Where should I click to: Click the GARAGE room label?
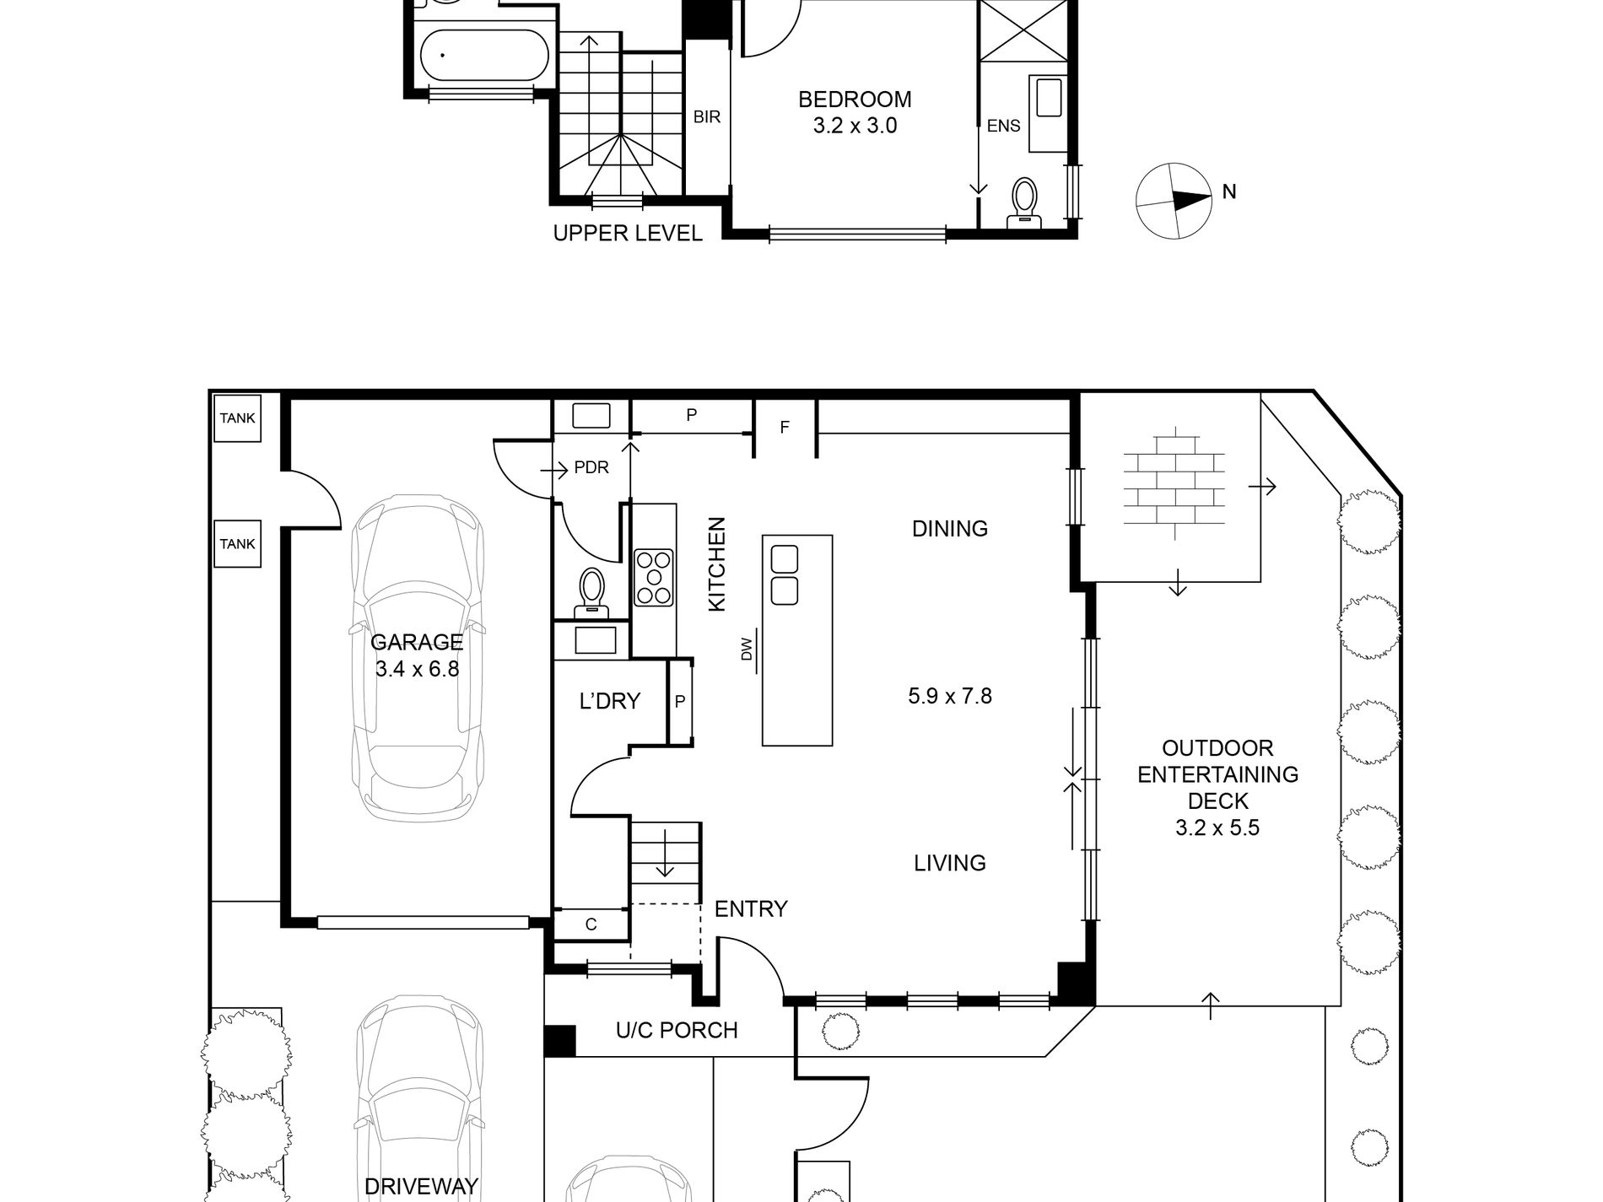pyautogui.click(x=417, y=642)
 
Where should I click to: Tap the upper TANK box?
pyautogui.click(x=237, y=418)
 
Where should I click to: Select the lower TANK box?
pyautogui.click(x=237, y=544)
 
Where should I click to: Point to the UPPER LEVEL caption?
pyautogui.click(x=627, y=234)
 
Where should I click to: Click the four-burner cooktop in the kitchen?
pyautogui.click(x=654, y=577)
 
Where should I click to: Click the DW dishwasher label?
pyautogui.click(x=746, y=650)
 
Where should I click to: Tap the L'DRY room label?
pyautogui.click(x=609, y=701)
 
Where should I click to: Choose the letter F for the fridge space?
pyautogui.click(x=785, y=428)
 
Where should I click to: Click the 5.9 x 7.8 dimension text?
pyautogui.click(x=949, y=696)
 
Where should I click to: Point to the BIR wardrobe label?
pyautogui.click(x=707, y=116)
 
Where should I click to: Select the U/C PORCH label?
pyautogui.click(x=677, y=1030)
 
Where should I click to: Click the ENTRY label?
pyautogui.click(x=751, y=908)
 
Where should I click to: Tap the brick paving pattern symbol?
pyautogui.click(x=1174, y=483)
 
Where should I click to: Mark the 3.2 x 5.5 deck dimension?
pyautogui.click(x=1217, y=827)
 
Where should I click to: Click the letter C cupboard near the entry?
pyautogui.click(x=591, y=924)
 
